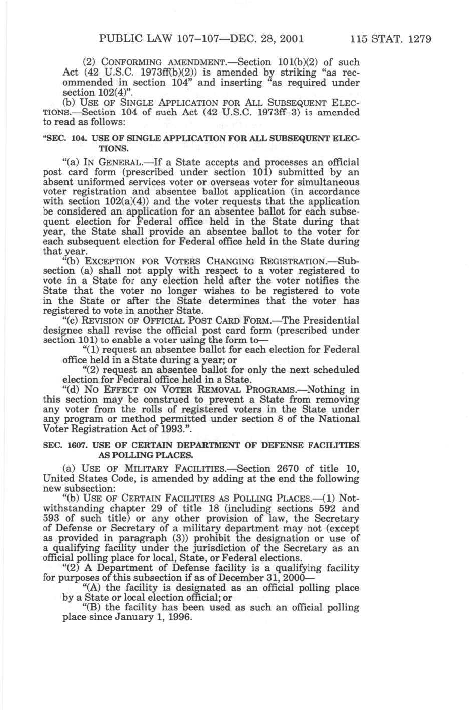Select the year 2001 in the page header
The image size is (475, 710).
coord(287,38)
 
